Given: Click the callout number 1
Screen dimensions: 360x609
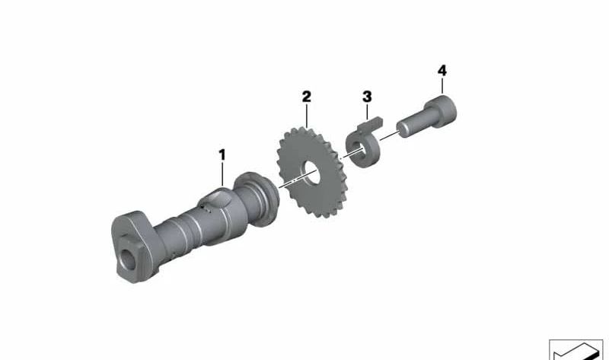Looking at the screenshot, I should [222, 155].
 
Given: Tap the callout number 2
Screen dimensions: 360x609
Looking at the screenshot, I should [306, 97].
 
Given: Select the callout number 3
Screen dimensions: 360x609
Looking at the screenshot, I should [367, 97].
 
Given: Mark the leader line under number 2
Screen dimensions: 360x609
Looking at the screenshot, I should [306, 116].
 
